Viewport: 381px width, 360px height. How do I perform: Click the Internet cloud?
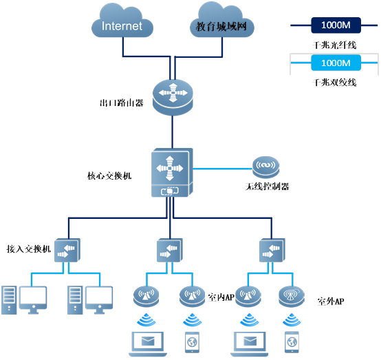pos(122,21)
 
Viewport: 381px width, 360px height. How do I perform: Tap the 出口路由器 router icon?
pos(173,97)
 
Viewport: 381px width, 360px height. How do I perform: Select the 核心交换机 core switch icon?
pos(172,172)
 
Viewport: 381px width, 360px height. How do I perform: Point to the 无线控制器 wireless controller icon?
pos(266,167)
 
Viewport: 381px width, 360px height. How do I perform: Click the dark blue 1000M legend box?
pos(336,25)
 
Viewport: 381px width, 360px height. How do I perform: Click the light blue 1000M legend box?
pos(336,63)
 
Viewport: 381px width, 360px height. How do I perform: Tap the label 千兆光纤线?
pos(334,45)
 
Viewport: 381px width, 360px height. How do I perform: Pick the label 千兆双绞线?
pos(334,83)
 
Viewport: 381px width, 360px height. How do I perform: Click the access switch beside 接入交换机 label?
pos(67,250)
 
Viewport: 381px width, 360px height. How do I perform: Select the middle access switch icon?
pos(170,250)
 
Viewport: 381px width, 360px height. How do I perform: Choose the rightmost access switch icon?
pos(272,250)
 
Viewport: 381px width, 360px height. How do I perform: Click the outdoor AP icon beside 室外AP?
pos(292,297)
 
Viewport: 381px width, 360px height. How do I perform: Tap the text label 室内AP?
pos(221,297)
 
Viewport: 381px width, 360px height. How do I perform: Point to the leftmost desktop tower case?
pos(9,300)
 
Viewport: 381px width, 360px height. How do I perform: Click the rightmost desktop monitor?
pos(99,300)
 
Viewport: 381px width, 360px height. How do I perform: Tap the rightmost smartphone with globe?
pos(292,342)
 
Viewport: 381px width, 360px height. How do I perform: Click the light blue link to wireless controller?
pos(223,169)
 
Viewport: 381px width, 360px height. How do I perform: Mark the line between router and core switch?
pos(173,132)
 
